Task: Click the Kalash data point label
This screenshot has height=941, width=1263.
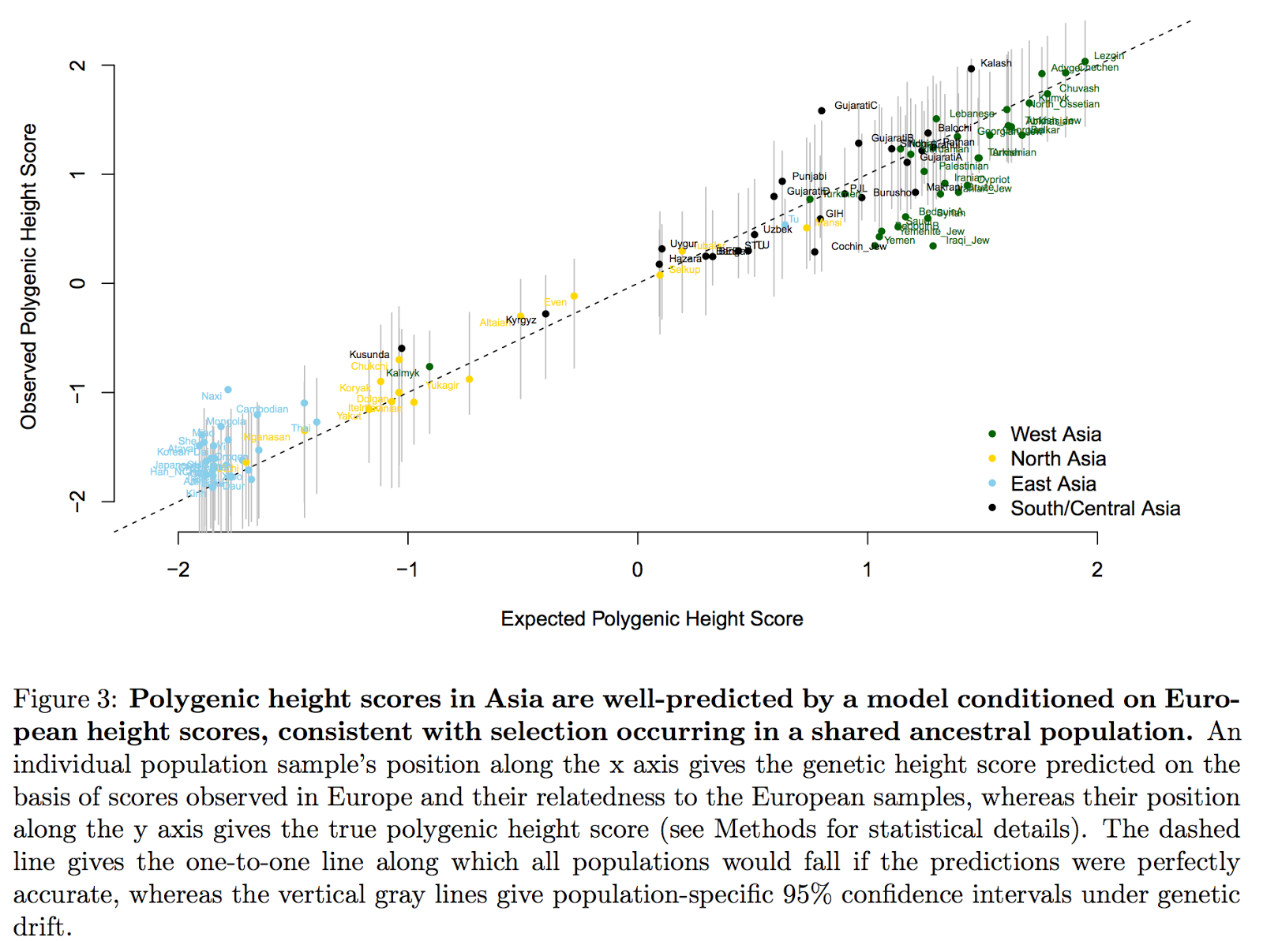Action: pyautogui.click(x=995, y=63)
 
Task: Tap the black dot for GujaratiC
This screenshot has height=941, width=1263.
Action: pyautogui.click(x=822, y=110)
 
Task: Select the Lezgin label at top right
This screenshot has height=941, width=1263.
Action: pyautogui.click(x=1108, y=56)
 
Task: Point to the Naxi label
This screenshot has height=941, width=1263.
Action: pyautogui.click(x=212, y=396)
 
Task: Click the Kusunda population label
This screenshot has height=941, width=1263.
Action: pyautogui.click(x=369, y=354)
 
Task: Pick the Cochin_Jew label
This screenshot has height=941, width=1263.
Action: pyautogui.click(x=858, y=246)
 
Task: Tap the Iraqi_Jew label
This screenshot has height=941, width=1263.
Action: pyautogui.click(x=967, y=241)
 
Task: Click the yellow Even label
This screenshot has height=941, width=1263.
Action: pyautogui.click(x=555, y=302)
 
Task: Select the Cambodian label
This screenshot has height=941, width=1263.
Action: pyautogui.click(x=262, y=409)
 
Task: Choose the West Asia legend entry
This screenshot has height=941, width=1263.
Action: pyautogui.click(x=1055, y=434)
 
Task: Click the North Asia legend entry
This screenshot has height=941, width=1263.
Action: pyautogui.click(x=1058, y=459)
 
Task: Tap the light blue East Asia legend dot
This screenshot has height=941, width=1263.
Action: pyautogui.click(x=992, y=484)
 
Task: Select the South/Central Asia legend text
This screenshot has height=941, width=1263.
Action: pyautogui.click(x=1095, y=509)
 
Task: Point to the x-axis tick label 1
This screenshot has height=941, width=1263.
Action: pyautogui.click(x=867, y=569)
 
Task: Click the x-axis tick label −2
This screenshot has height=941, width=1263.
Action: pyautogui.click(x=178, y=569)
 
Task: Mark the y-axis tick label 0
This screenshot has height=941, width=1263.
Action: pyautogui.click(x=77, y=283)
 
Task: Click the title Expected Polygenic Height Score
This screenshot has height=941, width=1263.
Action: pyautogui.click(x=651, y=619)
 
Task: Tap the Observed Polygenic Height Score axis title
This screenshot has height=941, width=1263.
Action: pyautogui.click(x=29, y=276)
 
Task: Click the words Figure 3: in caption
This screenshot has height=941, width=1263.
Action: pyautogui.click(x=66, y=700)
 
